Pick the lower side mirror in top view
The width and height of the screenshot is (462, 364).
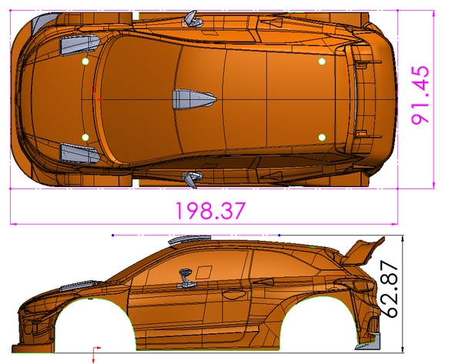[x=189, y=179]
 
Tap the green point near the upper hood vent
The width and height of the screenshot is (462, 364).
[x=85, y=62]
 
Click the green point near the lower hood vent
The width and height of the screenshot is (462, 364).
[x=85, y=137]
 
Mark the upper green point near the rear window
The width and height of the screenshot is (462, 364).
[x=322, y=62]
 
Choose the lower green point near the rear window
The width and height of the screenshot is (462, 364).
[x=322, y=137]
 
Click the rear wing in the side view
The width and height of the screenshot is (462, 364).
[x=363, y=252]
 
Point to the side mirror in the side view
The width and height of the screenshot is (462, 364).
[x=186, y=275]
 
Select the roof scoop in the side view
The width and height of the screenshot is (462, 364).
[x=189, y=239]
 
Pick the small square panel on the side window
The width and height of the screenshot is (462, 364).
[x=205, y=271]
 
